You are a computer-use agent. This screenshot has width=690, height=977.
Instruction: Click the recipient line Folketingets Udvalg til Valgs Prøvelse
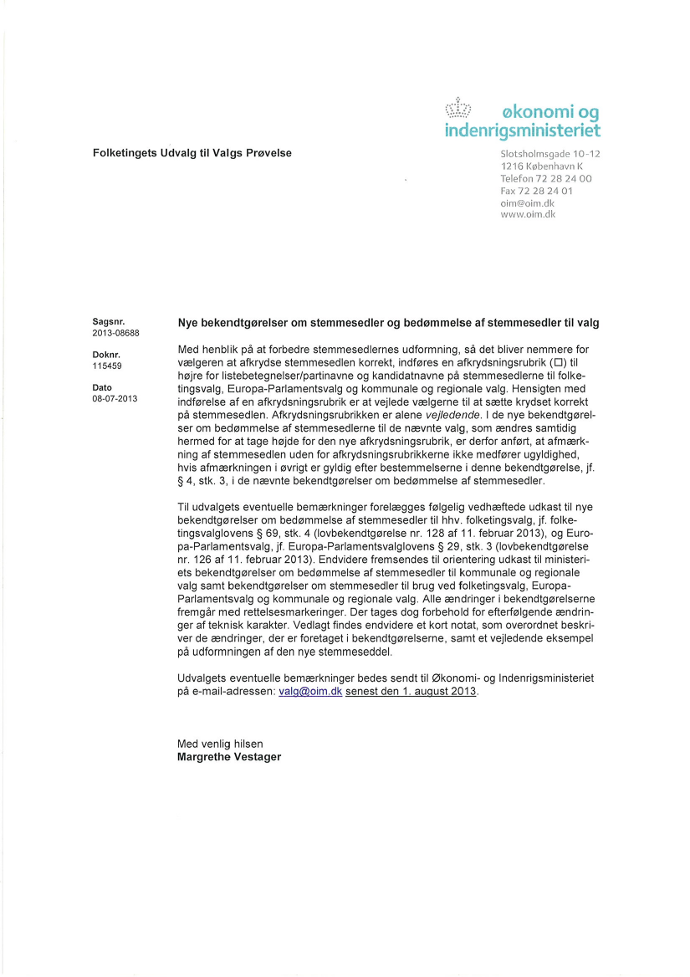[192, 153]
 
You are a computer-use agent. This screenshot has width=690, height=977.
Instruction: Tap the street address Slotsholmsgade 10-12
[549, 154]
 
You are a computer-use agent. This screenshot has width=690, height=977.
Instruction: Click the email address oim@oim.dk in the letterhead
[527, 202]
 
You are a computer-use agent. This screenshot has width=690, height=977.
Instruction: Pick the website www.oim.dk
[528, 214]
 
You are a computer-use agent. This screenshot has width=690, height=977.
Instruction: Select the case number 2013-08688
[115, 333]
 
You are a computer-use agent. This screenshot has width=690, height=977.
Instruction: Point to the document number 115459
[106, 366]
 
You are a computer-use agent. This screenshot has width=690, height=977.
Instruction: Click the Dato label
[102, 387]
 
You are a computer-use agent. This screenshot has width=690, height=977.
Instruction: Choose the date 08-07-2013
[115, 399]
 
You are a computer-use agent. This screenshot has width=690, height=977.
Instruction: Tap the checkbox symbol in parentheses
[556, 362]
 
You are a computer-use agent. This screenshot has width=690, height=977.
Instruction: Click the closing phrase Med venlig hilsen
[220, 743]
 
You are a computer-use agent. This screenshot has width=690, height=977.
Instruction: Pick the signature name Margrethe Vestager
[228, 756]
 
